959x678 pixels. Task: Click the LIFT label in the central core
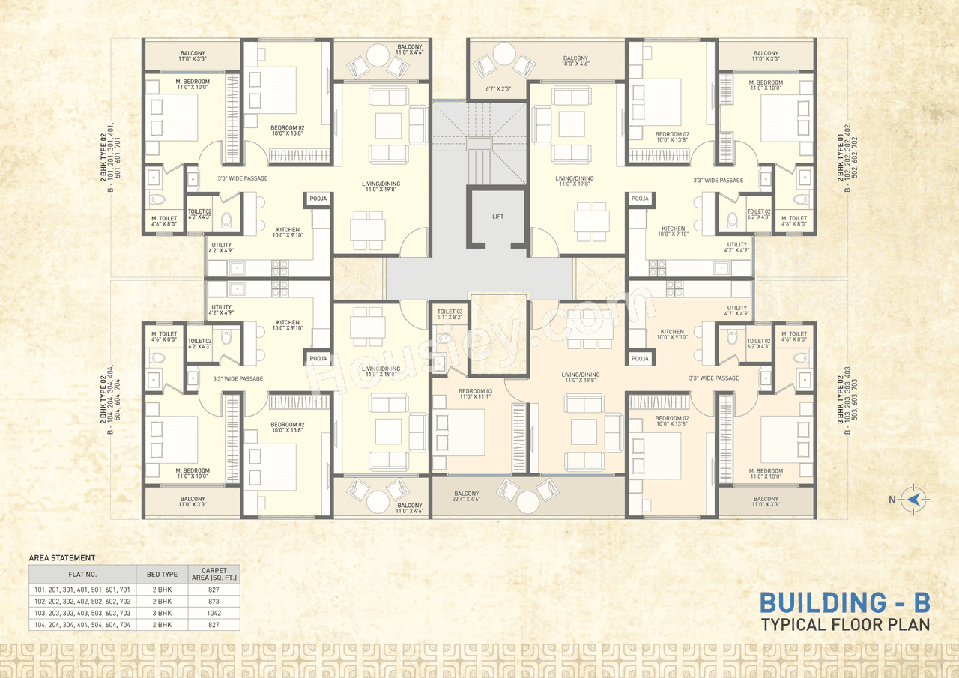pyautogui.click(x=498, y=217)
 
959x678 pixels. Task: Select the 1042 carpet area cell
pyautogui.click(x=214, y=612)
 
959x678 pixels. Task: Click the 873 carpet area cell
pyautogui.click(x=214, y=601)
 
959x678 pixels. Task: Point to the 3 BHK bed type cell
pyautogui.click(x=162, y=612)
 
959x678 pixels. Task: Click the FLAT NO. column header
pyautogui.click(x=82, y=575)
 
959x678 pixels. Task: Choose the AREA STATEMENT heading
pyautogui.click(x=61, y=558)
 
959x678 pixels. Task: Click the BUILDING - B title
pyautogui.click(x=845, y=602)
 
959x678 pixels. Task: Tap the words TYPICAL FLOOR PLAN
pyautogui.click(x=845, y=624)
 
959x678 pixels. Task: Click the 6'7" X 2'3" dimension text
pyautogui.click(x=497, y=89)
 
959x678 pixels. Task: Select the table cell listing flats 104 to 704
pyautogui.click(x=82, y=624)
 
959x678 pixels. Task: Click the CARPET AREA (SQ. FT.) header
pyautogui.click(x=214, y=575)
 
